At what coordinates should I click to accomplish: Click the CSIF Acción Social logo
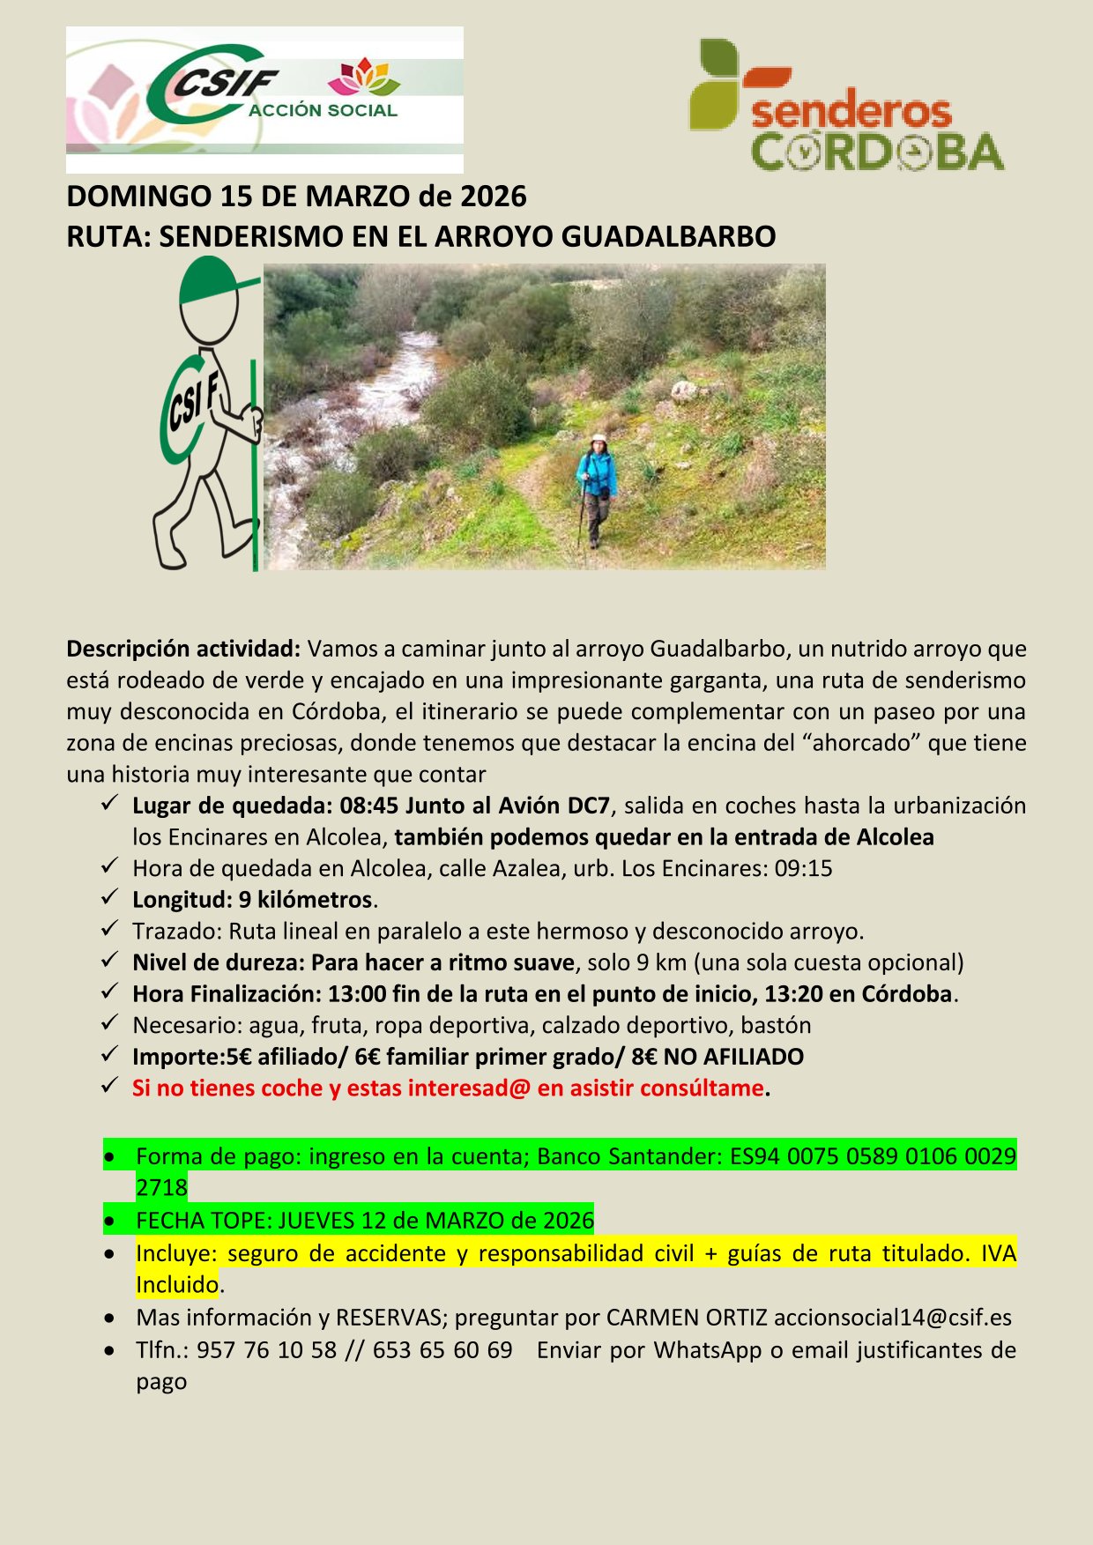(264, 99)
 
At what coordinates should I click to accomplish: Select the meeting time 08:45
(369, 806)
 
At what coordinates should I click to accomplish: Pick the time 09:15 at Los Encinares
(803, 868)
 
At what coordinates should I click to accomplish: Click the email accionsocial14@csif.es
(892, 1318)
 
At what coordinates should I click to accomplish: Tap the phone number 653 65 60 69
(442, 1350)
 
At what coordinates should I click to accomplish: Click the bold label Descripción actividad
(183, 650)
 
